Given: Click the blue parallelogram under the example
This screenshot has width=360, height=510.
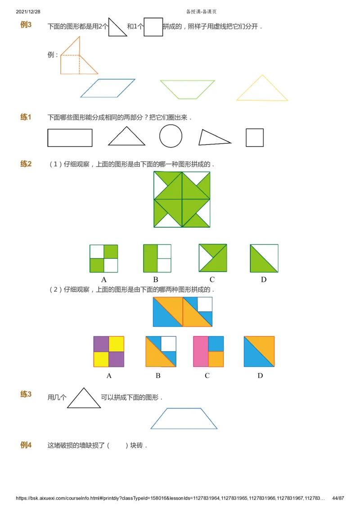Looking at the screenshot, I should (x=108, y=88).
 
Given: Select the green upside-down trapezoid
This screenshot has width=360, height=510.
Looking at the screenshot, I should (x=187, y=89).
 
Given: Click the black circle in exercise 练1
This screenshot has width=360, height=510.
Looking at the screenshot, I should (x=171, y=136).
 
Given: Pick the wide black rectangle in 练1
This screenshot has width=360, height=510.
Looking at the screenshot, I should (x=70, y=138).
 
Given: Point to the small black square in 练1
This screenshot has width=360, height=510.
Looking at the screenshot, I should (x=255, y=138).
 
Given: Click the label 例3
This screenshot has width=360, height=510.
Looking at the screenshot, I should (x=26, y=25).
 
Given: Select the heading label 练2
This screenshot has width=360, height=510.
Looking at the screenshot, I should (x=26, y=164).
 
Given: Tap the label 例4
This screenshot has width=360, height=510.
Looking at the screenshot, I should (x=26, y=446).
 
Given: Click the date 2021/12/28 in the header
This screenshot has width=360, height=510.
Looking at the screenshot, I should (x=28, y=12).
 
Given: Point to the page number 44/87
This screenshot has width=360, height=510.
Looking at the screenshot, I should (x=338, y=498).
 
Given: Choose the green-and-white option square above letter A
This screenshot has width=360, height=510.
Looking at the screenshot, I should (x=103, y=258).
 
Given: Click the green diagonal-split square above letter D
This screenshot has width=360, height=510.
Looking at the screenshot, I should (x=264, y=258).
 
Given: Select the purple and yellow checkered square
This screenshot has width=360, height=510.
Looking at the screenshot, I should (x=108, y=352).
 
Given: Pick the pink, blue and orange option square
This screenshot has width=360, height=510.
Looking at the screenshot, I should (x=208, y=352).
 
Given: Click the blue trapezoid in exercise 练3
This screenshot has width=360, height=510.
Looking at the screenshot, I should (x=184, y=419).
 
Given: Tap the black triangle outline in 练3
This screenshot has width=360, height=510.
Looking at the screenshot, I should (x=84, y=399).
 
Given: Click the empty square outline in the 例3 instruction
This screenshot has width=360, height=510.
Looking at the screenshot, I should (x=153, y=27).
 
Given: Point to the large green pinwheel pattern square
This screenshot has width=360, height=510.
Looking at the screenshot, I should (x=182, y=199).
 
